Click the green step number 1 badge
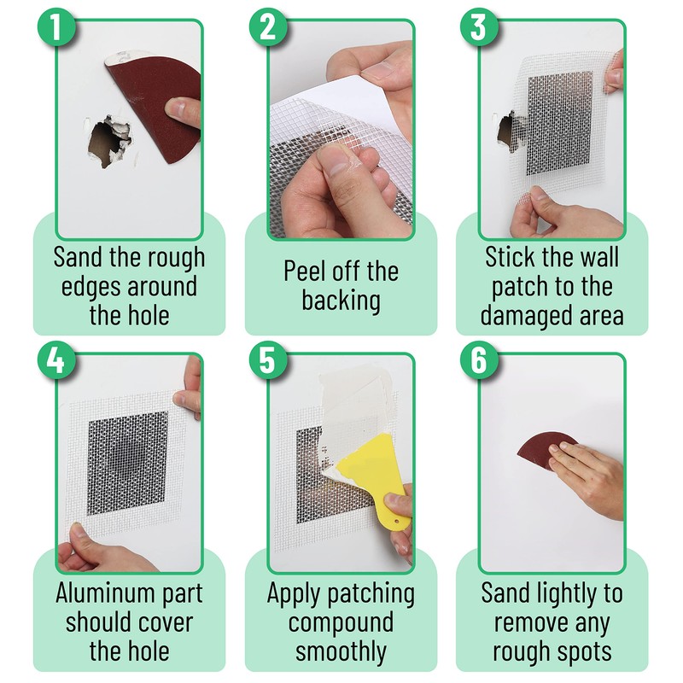point(55,27)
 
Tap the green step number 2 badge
point(267,27)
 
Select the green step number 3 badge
point(479,27)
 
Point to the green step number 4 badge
point(55,360)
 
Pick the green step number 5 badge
point(267,360)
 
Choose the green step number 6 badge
point(479,360)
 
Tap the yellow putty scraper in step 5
point(377,475)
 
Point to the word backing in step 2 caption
point(341,301)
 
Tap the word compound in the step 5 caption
point(341,624)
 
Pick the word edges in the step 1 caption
point(90,288)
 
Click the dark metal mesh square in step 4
point(127,463)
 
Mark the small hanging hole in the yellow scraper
point(397,521)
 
